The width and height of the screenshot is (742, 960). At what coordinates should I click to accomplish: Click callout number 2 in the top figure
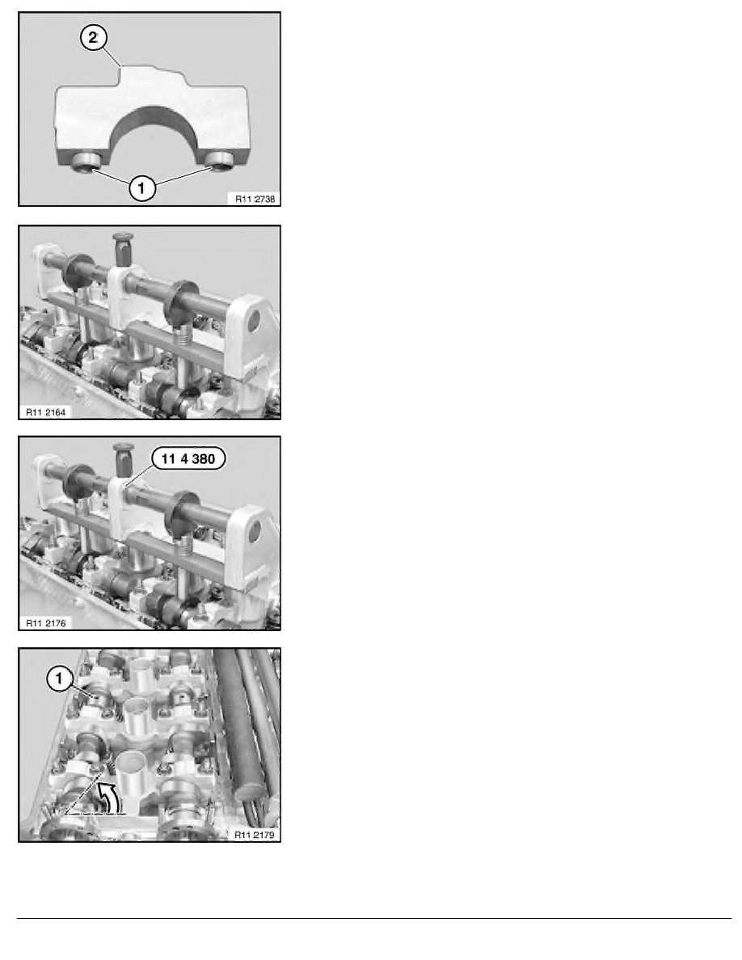click(93, 38)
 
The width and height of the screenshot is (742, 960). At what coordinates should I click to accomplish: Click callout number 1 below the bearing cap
click(141, 187)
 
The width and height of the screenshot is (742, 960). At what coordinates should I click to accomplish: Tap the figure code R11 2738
click(255, 198)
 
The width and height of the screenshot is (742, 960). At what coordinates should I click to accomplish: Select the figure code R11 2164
click(45, 412)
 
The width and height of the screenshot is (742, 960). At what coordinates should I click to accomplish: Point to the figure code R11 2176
click(45, 623)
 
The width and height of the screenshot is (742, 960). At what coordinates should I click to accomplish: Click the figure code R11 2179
click(255, 835)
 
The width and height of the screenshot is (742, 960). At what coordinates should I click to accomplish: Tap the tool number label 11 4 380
click(188, 458)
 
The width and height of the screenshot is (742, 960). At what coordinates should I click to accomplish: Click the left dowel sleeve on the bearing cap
click(86, 161)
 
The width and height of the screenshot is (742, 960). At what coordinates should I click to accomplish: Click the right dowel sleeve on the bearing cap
click(218, 160)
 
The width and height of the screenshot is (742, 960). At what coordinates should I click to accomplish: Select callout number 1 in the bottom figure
click(59, 678)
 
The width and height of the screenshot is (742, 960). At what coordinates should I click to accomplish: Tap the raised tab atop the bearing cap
click(153, 76)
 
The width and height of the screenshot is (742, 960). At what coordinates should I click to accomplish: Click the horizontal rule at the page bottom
click(374, 918)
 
